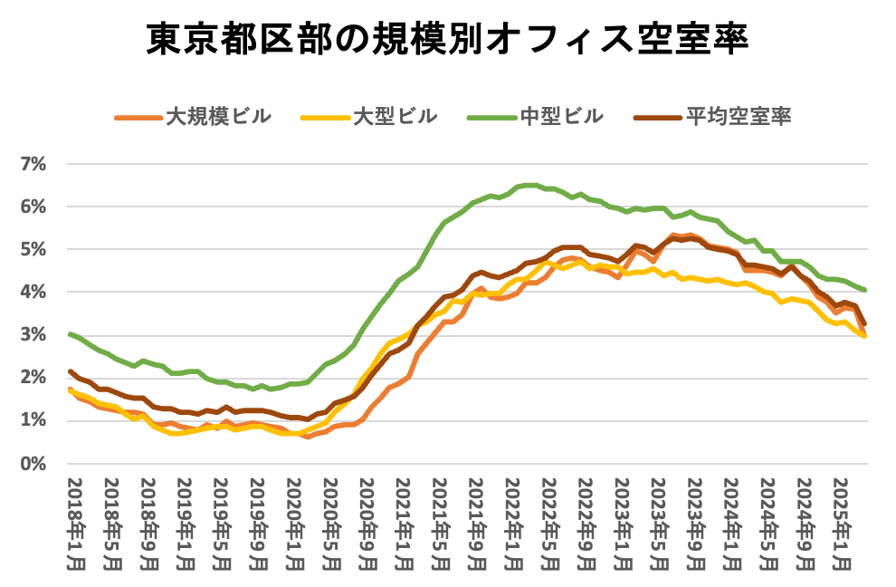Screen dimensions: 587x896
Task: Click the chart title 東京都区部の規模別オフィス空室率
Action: [447, 41]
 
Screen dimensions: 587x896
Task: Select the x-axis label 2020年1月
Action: [293, 523]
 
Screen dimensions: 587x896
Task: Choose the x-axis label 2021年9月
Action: [477, 523]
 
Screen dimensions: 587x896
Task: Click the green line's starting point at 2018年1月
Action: [71, 334]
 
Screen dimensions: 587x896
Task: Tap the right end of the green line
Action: [865, 290]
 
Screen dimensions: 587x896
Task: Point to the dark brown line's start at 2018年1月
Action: [71, 371]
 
